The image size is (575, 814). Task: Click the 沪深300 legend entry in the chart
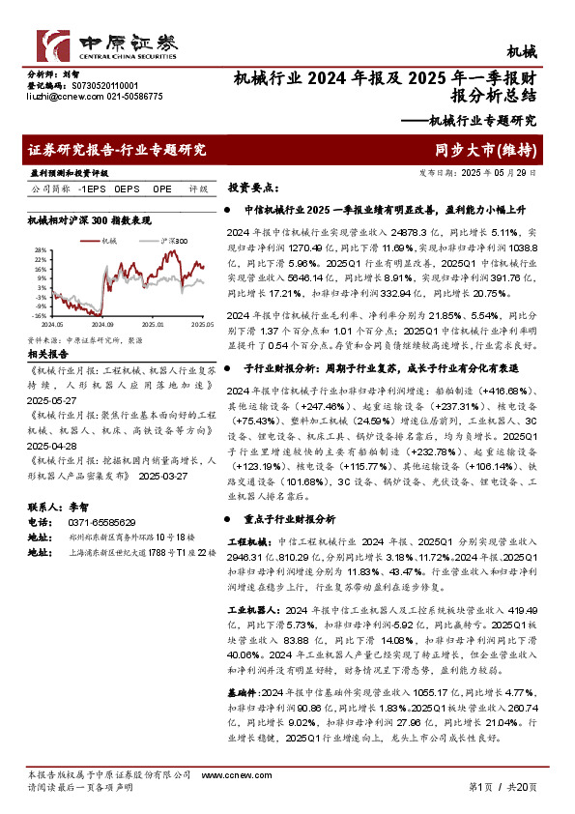pyautogui.click(x=175, y=240)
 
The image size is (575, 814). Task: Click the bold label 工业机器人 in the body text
pyautogui.click(x=253, y=610)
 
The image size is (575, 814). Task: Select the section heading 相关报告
pyautogui.click(x=46, y=355)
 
